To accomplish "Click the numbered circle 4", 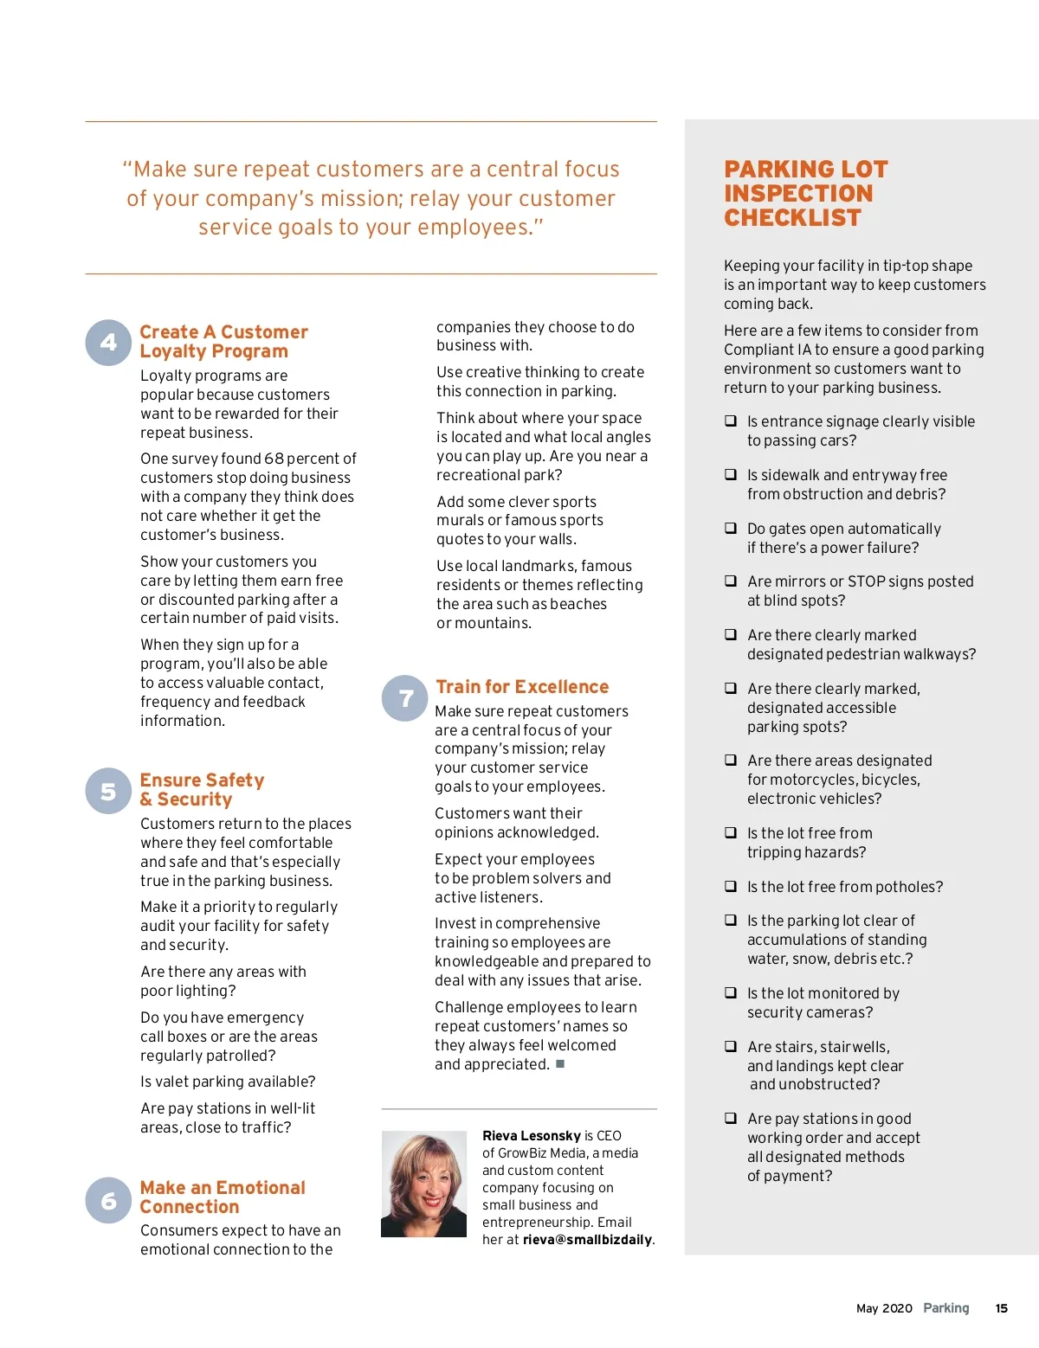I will point(108,343).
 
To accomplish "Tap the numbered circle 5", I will point(108,791).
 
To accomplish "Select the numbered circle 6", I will point(108,1200).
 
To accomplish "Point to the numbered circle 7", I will point(404,698).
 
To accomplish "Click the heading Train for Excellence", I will point(522,687).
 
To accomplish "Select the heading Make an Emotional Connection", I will point(223,1197).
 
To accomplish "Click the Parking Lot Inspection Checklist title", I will point(805,194).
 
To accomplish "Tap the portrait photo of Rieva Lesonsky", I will point(423,1184).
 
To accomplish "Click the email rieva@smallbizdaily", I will point(587,1240).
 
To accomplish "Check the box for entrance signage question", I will point(731,421).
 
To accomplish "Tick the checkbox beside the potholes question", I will point(731,887).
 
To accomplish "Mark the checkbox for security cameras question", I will point(731,993).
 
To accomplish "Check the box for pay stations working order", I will point(731,1118).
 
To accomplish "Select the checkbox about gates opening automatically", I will point(731,528).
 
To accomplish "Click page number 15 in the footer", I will point(1002,1308).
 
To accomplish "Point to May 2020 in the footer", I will point(884,1308).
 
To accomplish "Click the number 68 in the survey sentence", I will point(274,459).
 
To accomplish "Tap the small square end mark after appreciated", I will point(560,1064).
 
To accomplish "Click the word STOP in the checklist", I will point(868,581).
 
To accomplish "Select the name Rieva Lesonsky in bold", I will point(531,1136).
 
